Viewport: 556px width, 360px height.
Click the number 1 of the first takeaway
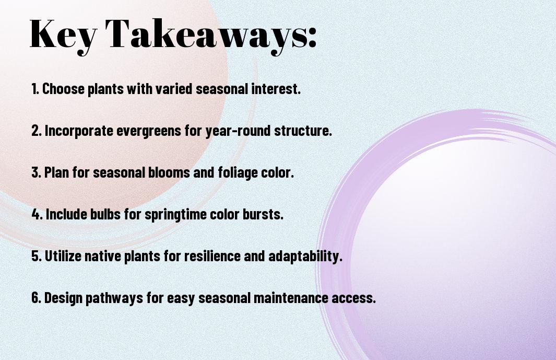(34, 89)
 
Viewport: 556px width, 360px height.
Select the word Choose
(64, 89)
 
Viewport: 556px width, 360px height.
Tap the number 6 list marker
(36, 298)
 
